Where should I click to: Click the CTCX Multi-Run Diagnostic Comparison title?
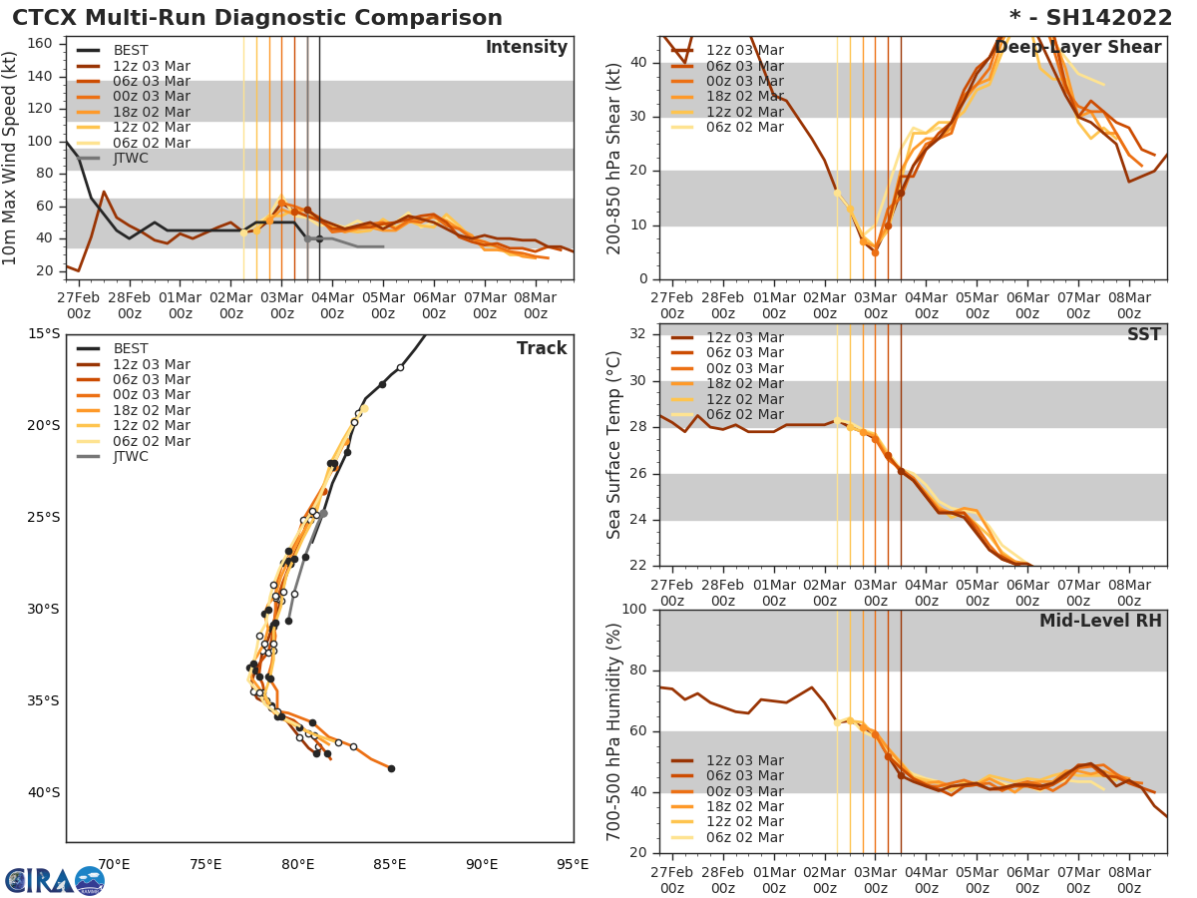[x=257, y=18]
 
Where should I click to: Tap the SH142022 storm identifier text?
[x=1101, y=18]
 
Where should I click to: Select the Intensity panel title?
[x=526, y=48]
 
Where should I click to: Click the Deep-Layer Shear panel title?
[x=1077, y=48]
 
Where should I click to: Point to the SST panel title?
[x=1143, y=335]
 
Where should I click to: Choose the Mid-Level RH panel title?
[x=1100, y=621]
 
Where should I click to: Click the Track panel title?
[x=541, y=348]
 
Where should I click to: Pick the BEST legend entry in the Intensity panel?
[x=130, y=51]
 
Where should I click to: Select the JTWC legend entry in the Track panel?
[x=130, y=457]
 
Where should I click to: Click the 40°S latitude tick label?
[x=43, y=793]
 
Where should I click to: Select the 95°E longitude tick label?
[x=573, y=864]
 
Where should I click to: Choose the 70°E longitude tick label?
[x=114, y=864]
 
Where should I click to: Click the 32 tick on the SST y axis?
[x=642, y=334]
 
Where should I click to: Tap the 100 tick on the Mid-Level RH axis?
[x=637, y=610]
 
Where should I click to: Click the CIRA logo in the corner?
[x=54, y=880]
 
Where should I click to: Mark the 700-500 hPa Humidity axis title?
[x=614, y=731]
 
